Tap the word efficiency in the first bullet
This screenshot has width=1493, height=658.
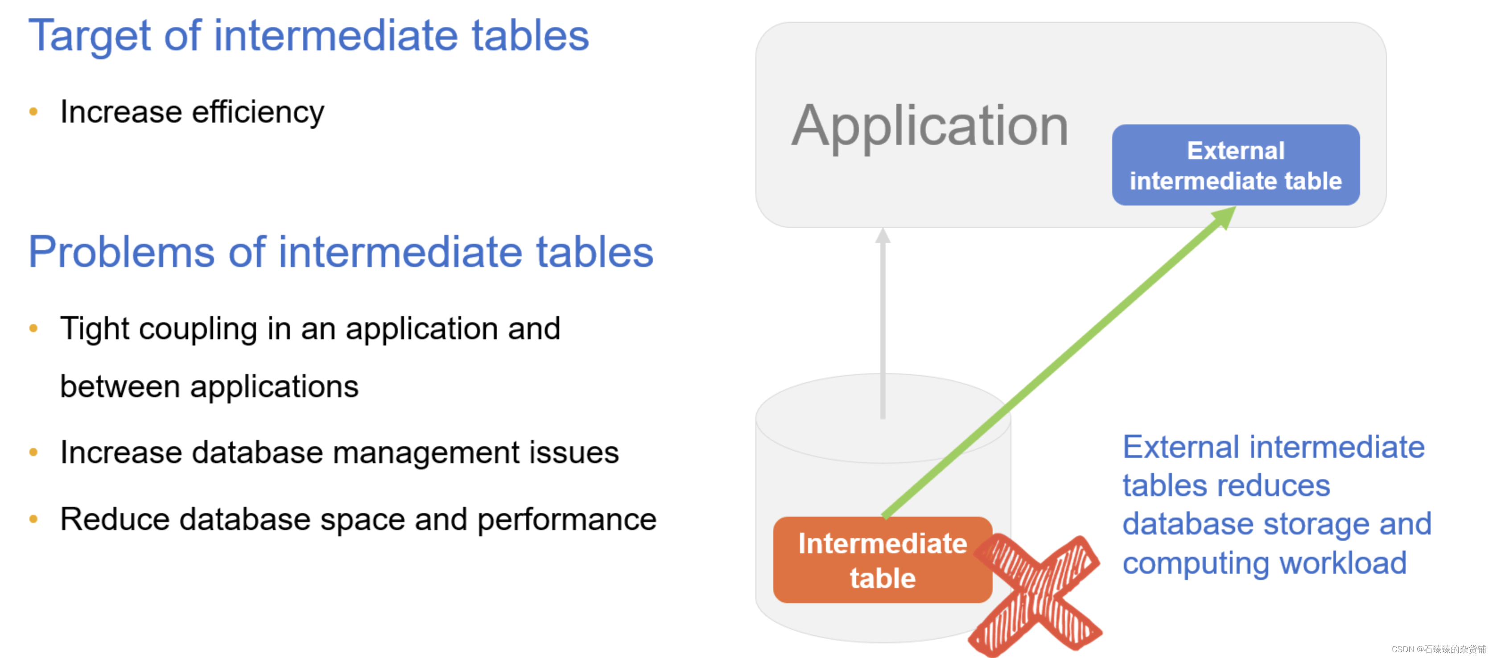click(x=258, y=112)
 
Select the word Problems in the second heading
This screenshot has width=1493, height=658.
click(x=122, y=252)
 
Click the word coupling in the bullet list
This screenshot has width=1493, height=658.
click(x=198, y=329)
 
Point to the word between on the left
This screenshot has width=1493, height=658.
click(x=120, y=387)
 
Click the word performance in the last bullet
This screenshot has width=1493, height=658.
click(x=566, y=519)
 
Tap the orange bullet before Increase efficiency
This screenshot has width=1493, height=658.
click(x=33, y=112)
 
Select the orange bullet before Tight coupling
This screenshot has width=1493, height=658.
click(x=33, y=329)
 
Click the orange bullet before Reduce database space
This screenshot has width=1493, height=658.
click(x=33, y=519)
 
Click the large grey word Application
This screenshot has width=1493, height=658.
click(x=930, y=126)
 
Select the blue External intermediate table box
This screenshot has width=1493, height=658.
click(x=1235, y=165)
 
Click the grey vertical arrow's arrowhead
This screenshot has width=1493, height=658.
click(x=883, y=235)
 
